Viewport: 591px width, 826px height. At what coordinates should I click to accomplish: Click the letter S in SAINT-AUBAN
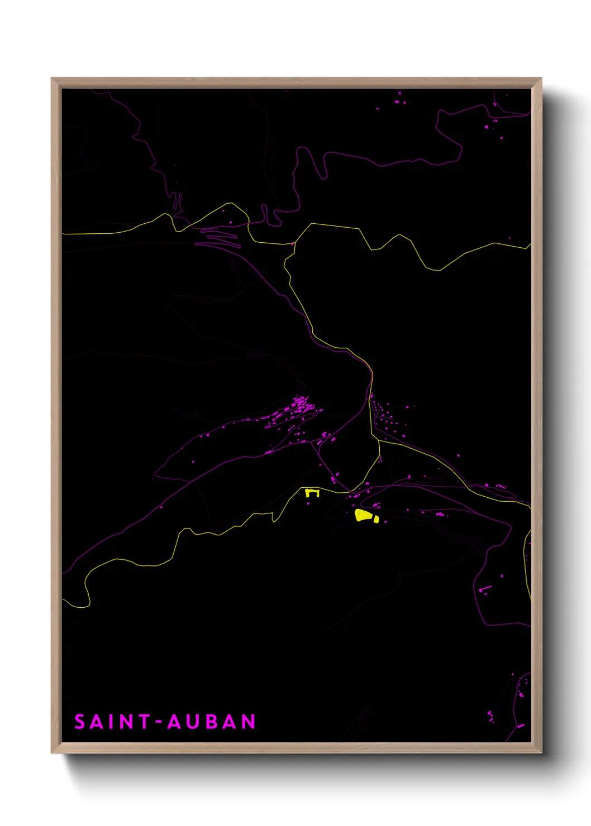(x=80, y=722)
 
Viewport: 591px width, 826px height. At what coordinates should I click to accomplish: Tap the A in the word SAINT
(x=98, y=722)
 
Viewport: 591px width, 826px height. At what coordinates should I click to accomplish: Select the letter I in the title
(x=113, y=722)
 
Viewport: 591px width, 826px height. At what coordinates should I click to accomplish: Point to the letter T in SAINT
(x=144, y=722)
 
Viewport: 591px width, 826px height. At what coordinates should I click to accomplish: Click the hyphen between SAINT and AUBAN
(x=159, y=722)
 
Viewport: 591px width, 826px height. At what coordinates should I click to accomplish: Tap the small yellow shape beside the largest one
(x=376, y=520)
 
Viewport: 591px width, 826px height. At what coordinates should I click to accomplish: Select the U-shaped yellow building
(x=312, y=493)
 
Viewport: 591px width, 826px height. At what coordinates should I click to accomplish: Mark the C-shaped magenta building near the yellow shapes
(x=376, y=505)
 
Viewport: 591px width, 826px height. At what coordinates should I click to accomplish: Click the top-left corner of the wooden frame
(x=52, y=79)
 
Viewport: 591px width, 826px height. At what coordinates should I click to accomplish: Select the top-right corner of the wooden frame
(x=541, y=79)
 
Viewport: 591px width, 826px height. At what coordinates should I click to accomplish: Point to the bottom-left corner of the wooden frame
(x=52, y=752)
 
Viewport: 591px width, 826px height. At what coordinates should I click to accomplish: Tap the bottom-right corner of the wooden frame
(x=541, y=752)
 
